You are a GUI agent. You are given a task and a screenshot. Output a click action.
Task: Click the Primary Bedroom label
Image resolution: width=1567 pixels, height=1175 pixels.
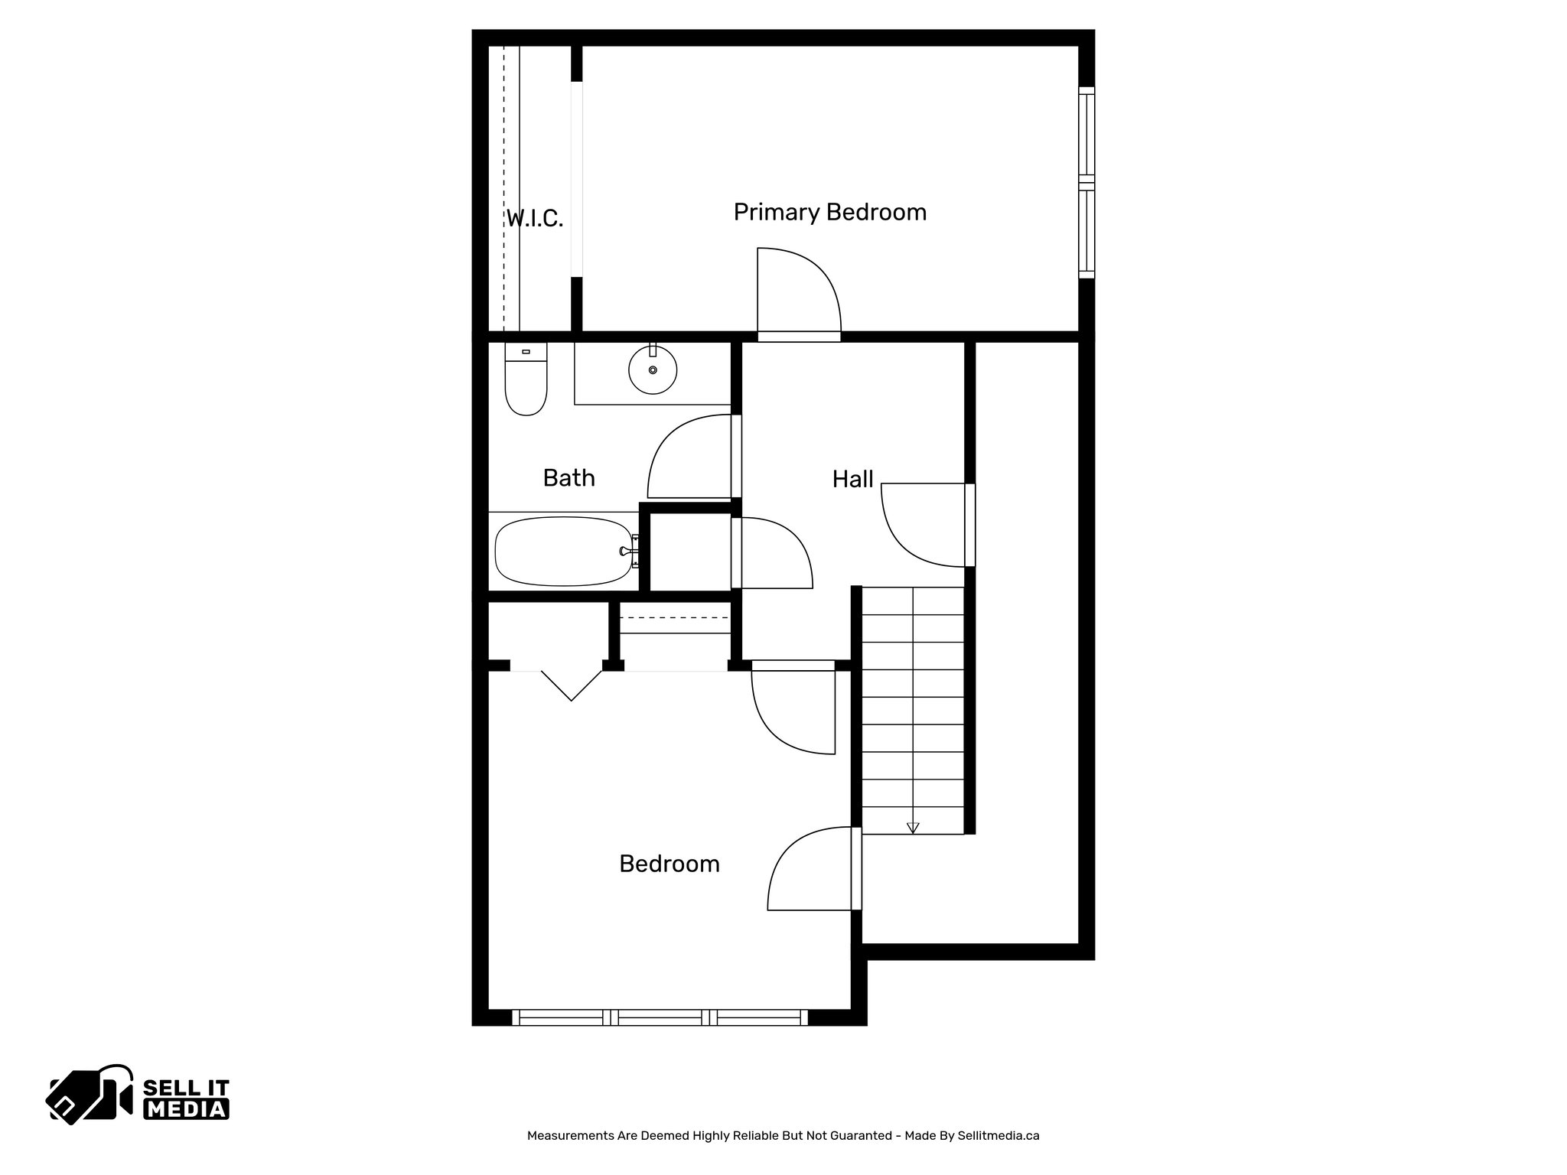[x=829, y=212]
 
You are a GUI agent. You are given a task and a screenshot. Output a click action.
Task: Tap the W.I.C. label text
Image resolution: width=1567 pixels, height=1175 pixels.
[x=535, y=220]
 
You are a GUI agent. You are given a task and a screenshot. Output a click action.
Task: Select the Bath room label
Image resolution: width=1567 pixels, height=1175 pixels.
[x=568, y=478]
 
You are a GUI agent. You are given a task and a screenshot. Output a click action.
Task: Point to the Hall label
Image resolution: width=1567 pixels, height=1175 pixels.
[x=852, y=480]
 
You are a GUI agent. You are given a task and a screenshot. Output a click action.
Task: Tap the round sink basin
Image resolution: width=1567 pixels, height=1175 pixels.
[x=653, y=370]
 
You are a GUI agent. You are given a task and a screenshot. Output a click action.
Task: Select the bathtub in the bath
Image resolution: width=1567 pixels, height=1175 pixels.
[x=565, y=551]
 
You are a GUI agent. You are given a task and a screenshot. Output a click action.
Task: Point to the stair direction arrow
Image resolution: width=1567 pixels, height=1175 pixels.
[x=912, y=827]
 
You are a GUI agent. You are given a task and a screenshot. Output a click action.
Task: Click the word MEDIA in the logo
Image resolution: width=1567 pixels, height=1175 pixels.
[x=186, y=1109]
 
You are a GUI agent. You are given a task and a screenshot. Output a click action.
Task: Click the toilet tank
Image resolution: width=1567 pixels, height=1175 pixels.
[x=526, y=352]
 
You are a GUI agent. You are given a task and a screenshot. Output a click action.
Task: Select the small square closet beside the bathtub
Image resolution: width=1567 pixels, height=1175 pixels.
[x=689, y=552]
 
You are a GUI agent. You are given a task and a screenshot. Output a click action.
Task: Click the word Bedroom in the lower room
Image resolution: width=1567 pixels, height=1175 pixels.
[x=669, y=864]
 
